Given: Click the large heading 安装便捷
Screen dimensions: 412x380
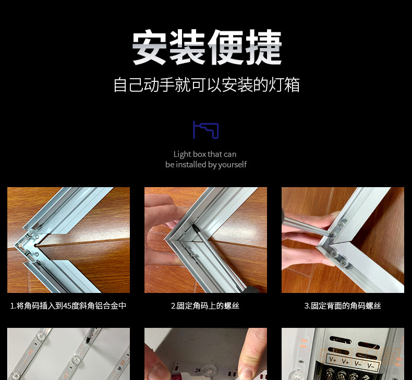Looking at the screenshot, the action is [207, 47].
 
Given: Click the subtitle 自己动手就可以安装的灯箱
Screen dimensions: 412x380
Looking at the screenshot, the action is [207, 84].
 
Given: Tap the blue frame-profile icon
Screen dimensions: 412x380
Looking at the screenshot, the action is [206, 130].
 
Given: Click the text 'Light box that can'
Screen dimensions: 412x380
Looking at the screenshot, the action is [205, 154].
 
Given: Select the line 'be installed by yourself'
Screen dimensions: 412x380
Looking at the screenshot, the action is [206, 165].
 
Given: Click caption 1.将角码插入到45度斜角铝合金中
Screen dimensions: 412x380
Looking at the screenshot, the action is [68, 305].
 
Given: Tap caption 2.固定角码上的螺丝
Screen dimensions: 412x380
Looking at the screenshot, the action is [205, 305].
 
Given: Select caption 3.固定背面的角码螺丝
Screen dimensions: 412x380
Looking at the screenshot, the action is [343, 305].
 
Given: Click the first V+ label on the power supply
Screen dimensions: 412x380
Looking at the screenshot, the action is [333, 359].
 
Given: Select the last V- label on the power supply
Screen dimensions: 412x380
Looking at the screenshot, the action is [371, 365].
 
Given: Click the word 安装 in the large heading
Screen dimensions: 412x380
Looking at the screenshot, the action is [168, 47].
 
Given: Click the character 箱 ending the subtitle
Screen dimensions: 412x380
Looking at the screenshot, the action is [292, 84].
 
